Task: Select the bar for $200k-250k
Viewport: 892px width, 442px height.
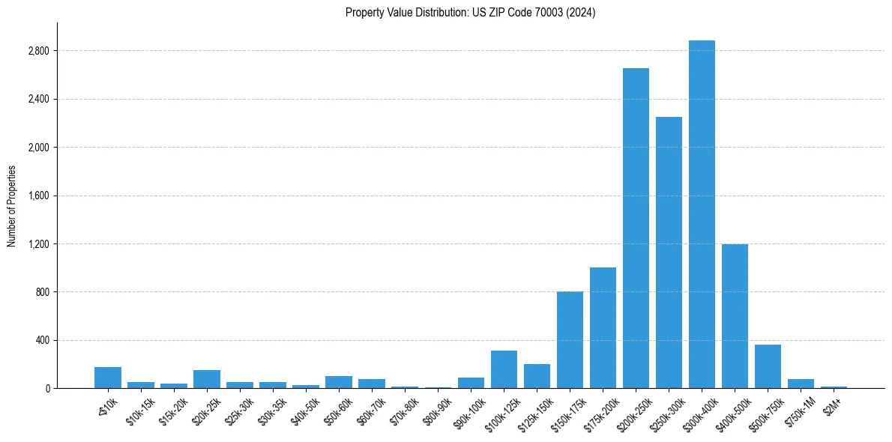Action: click(x=636, y=228)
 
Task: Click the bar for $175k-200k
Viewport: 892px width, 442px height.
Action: click(x=603, y=328)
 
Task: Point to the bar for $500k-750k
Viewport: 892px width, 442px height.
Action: click(x=768, y=366)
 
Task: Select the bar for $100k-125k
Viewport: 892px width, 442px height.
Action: click(x=504, y=369)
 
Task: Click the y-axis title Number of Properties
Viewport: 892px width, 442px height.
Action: click(x=12, y=205)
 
